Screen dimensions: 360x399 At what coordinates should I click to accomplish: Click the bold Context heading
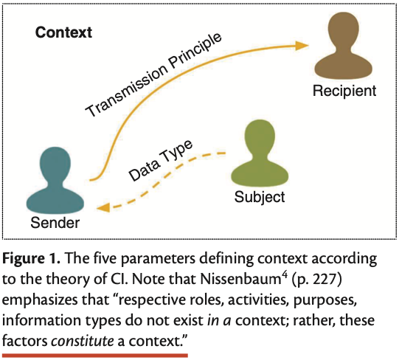click(63, 32)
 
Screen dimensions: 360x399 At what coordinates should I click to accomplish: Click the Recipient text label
click(344, 91)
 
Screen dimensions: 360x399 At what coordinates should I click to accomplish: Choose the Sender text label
click(55, 222)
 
